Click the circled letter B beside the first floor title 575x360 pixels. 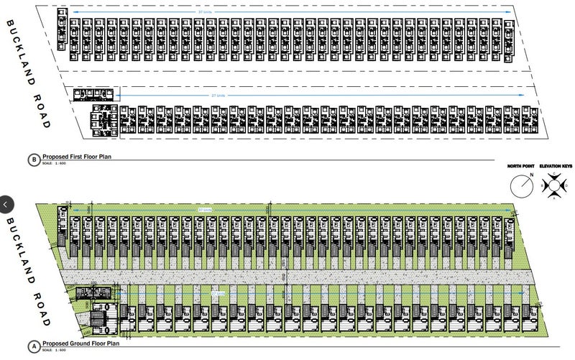point(34,160)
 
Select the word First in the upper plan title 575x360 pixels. point(79,157)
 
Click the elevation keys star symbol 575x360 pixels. point(554,186)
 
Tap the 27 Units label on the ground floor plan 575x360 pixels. point(218,293)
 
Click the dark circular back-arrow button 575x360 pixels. point(6,204)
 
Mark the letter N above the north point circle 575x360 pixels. point(530,175)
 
